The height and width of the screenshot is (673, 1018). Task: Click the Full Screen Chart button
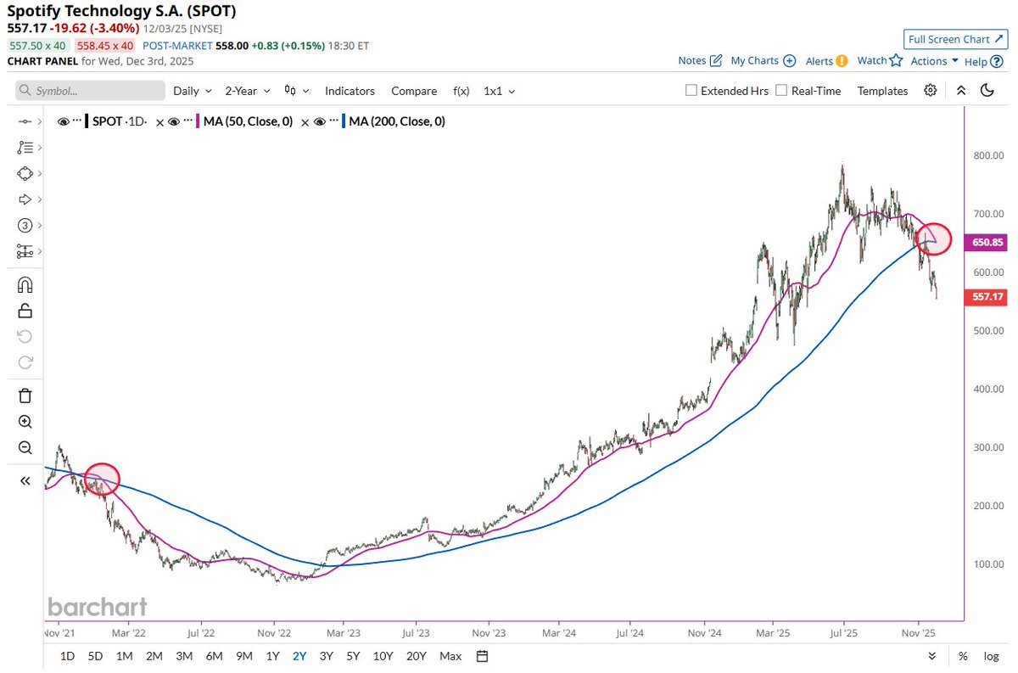click(955, 39)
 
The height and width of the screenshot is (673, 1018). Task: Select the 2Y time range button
click(299, 655)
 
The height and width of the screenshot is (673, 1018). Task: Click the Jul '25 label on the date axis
click(843, 632)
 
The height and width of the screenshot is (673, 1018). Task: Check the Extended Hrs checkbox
click(691, 91)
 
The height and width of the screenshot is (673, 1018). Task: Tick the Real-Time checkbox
click(781, 91)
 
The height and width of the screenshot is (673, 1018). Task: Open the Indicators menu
click(350, 91)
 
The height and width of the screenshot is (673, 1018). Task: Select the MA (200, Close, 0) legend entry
click(396, 121)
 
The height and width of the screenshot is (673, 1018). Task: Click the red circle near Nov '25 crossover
click(934, 238)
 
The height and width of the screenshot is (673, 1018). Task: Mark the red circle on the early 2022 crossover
click(102, 479)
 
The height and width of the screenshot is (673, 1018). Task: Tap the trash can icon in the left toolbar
click(25, 395)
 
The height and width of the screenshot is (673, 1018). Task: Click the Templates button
click(882, 91)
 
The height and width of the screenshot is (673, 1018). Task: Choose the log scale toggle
click(990, 655)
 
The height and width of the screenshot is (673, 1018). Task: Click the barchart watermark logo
click(97, 607)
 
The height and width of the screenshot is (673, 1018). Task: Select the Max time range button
click(450, 655)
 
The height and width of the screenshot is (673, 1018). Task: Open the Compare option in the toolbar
click(414, 91)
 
